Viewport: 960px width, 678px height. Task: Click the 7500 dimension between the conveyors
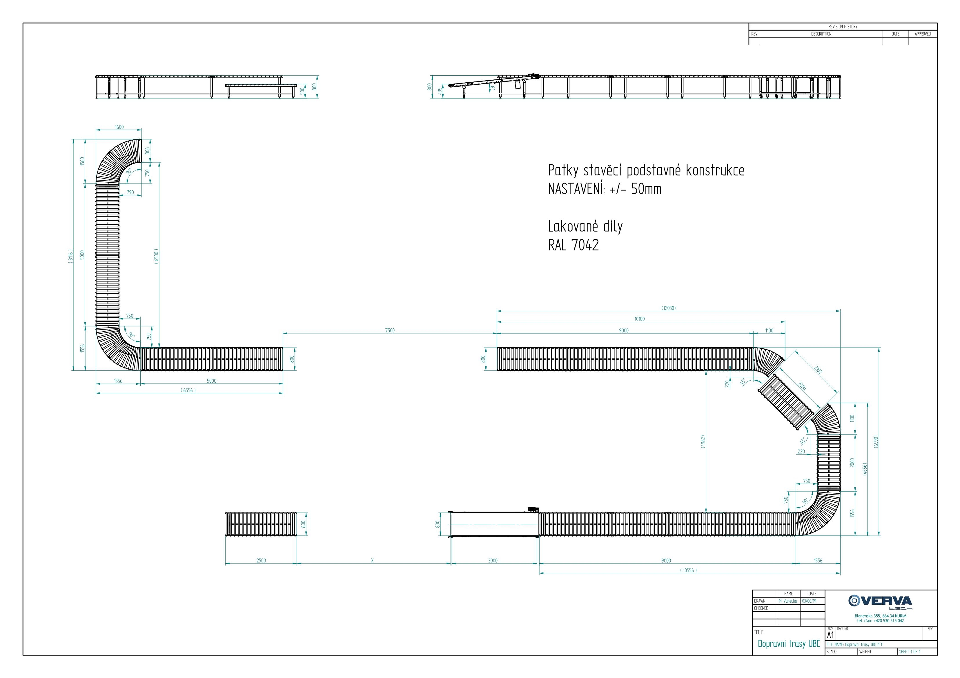(389, 330)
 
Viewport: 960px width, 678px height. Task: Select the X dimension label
(372, 561)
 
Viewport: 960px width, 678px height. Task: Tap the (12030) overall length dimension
(668, 308)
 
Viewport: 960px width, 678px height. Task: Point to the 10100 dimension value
(639, 319)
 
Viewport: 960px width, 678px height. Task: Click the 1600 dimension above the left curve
(119, 127)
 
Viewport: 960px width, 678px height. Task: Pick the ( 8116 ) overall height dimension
(71, 255)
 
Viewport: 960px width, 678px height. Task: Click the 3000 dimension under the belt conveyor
(493, 561)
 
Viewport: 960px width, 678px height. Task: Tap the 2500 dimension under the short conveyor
(261, 561)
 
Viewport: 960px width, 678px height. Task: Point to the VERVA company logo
(880, 602)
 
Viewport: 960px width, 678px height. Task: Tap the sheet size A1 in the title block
(830, 635)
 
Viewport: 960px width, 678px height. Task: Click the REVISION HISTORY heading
(843, 27)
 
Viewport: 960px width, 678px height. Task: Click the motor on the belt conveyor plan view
(533, 509)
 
